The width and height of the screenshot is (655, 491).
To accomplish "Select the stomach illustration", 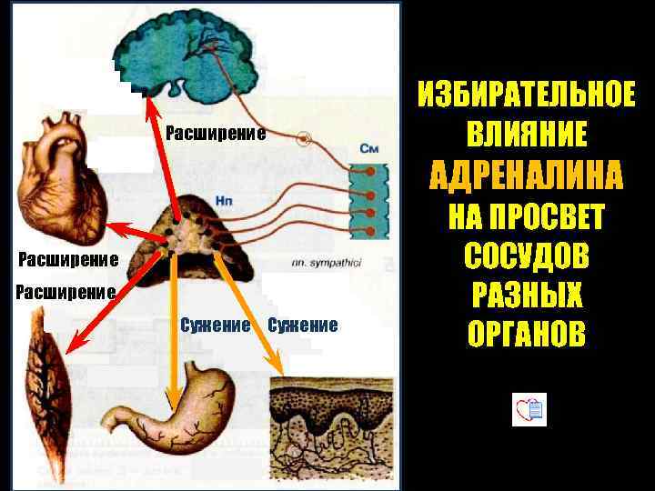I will point(173,400).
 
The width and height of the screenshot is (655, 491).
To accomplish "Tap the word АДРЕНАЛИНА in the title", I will point(527,175).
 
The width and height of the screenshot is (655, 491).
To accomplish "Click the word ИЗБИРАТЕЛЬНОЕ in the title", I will point(527,95).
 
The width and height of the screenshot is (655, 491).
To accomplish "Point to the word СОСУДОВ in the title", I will point(527,256).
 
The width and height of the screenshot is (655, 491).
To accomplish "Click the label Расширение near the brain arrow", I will point(216,135).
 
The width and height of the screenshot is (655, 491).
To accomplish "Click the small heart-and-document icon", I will point(529,410).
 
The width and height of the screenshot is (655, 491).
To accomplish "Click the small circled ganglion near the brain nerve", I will point(305,139).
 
